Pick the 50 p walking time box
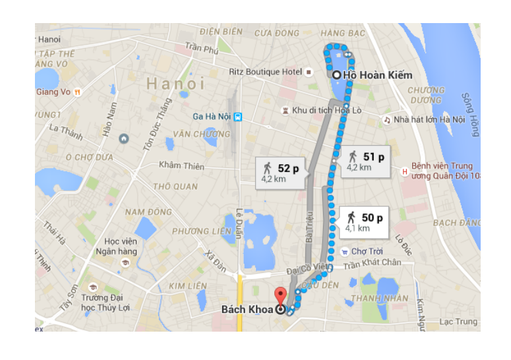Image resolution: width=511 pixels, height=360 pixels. (x=363, y=221)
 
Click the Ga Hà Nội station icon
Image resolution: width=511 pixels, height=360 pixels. (x=238, y=117)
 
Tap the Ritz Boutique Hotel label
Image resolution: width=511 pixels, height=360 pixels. (x=265, y=71)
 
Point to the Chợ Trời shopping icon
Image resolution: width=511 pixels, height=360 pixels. (x=344, y=251)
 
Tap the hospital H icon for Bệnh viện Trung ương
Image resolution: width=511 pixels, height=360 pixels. (x=405, y=171)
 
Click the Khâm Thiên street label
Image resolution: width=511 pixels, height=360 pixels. (x=181, y=166)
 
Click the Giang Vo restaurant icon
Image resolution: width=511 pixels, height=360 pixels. (x=78, y=92)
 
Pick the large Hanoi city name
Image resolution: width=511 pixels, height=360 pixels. (x=175, y=84)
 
